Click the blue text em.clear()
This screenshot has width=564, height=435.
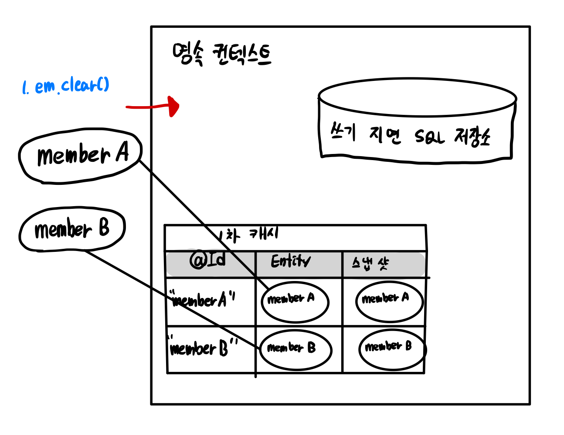[72, 85]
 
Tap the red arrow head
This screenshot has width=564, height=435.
[174, 106]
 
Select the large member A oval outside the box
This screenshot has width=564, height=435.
[81, 156]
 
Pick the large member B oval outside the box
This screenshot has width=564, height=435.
[72, 229]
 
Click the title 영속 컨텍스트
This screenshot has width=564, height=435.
[221, 55]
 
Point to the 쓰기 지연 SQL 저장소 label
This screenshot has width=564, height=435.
[410, 136]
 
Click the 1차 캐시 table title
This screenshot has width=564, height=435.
[248, 235]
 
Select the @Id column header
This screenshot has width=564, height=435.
[208, 260]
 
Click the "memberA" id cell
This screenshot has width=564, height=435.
[203, 300]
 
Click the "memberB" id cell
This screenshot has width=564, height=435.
[203, 348]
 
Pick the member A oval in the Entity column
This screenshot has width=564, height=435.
[295, 302]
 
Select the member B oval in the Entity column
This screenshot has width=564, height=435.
[296, 350]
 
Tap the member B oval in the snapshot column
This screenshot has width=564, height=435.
[391, 349]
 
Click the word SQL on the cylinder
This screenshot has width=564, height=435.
[429, 137]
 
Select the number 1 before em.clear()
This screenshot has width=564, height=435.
[25, 88]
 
